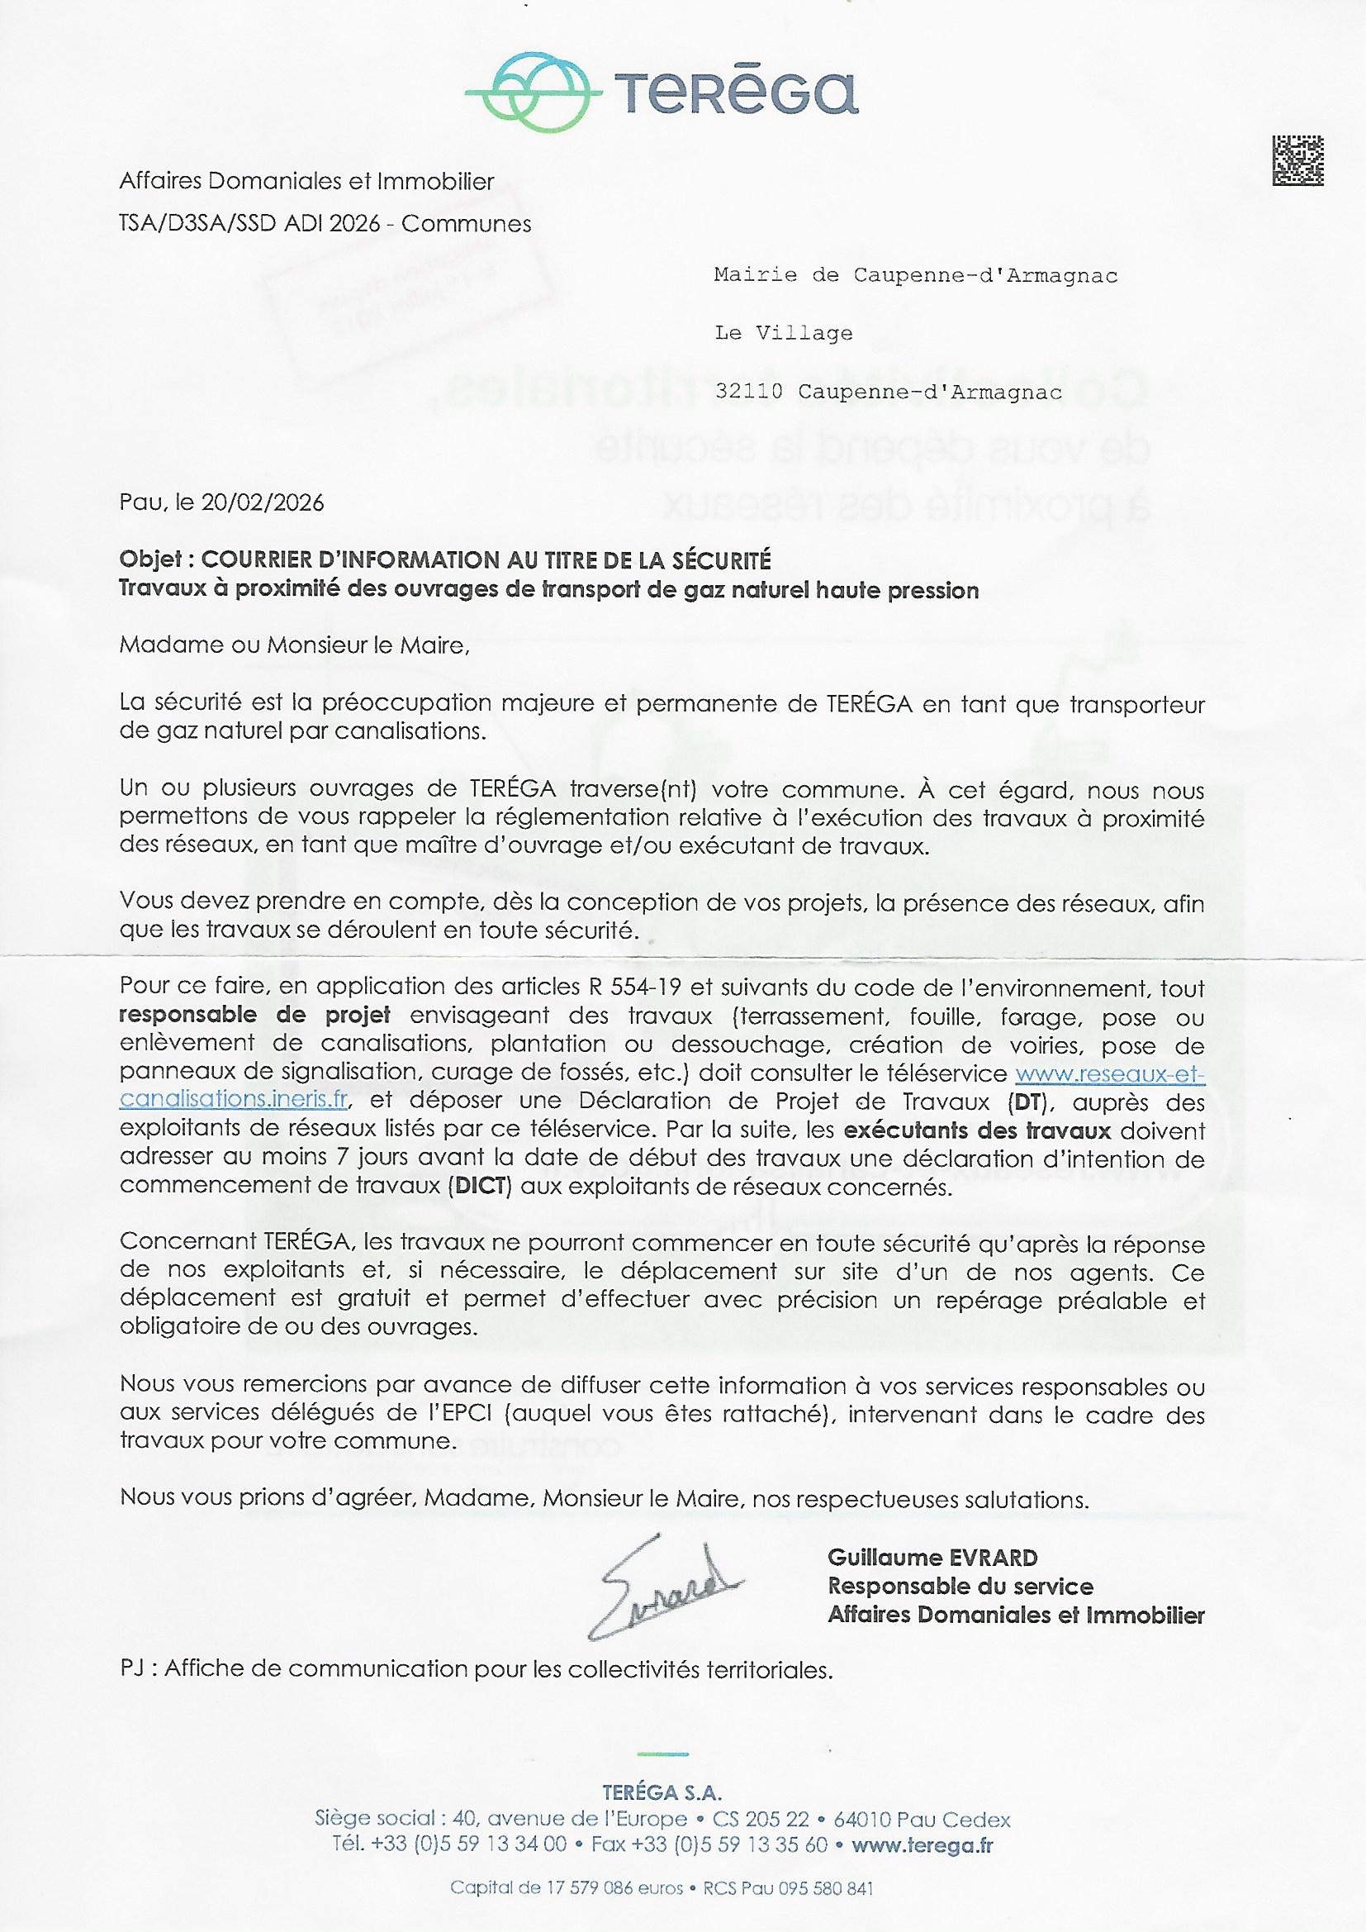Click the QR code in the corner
tap(1298, 159)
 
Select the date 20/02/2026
tap(263, 502)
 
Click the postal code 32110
tap(747, 392)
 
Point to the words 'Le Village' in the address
tap(783, 333)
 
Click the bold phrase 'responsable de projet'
tap(255, 1015)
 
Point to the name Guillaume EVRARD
tap(932, 1558)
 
